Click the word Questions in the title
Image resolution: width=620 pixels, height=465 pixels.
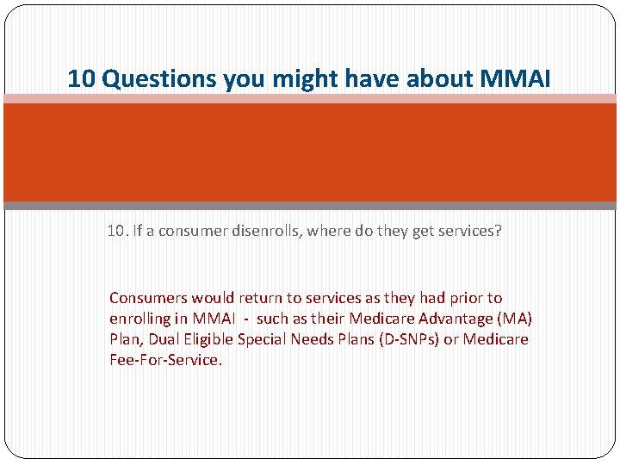[159, 79]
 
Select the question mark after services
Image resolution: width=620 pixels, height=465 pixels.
[497, 232]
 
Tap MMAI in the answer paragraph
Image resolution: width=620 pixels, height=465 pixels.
[211, 319]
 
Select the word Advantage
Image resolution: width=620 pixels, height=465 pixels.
[449, 319]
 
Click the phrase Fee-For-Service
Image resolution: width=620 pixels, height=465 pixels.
[165, 360]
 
